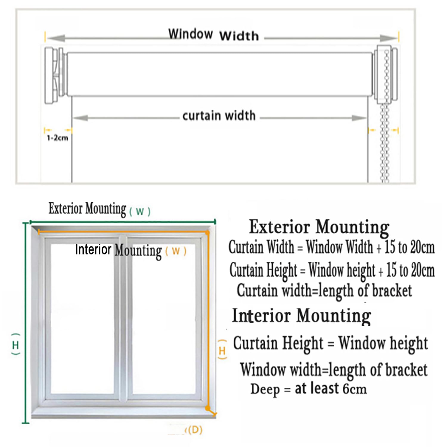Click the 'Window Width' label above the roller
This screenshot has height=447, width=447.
pyautogui.click(x=213, y=35)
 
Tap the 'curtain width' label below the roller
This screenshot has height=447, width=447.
pyautogui.click(x=219, y=116)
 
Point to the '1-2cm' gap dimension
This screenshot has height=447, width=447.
pyautogui.click(x=58, y=138)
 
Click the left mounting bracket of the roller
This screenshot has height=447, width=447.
pyautogui.click(x=54, y=75)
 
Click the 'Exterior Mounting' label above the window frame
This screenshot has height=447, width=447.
pyautogui.click(x=88, y=209)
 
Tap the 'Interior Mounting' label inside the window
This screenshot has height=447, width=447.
pyautogui.click(x=118, y=250)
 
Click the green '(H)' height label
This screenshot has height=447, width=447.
pyautogui.click(x=15, y=345)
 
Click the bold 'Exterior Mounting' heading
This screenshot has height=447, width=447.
pyautogui.click(x=319, y=227)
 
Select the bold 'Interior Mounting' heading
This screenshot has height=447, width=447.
pyautogui.click(x=302, y=316)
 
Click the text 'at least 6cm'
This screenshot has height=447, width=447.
pyautogui.click(x=331, y=389)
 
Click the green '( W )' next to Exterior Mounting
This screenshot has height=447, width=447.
pyautogui.click(x=140, y=211)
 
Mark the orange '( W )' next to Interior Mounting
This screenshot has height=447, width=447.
pyautogui.click(x=176, y=251)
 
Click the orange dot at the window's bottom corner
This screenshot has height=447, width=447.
pyautogui.click(x=208, y=408)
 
